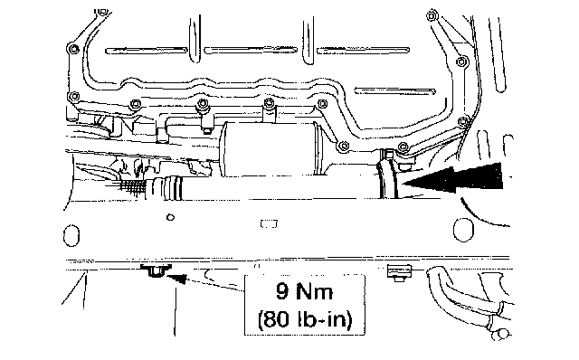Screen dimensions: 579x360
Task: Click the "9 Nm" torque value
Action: (304, 291)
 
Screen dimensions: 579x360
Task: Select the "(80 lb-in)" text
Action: (305, 319)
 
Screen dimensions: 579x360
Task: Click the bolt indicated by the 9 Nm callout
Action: (155, 270)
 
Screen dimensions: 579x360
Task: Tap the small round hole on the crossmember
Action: (170, 217)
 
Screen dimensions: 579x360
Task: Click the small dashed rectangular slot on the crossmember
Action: (269, 223)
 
